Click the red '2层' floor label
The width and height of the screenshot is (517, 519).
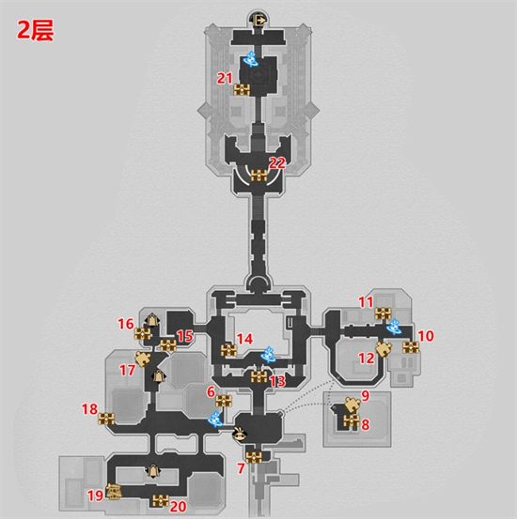[x=35, y=31]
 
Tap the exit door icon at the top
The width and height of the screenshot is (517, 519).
[x=259, y=20]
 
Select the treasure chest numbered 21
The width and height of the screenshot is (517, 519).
[x=242, y=90]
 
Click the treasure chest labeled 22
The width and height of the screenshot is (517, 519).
[x=258, y=176]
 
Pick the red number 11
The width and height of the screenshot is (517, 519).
[x=366, y=302]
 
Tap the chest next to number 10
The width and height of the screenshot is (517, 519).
[x=411, y=347]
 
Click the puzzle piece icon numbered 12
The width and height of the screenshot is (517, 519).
[x=384, y=349]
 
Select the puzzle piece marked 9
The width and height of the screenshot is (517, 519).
[x=352, y=405]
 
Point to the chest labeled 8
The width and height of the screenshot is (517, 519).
[x=352, y=421]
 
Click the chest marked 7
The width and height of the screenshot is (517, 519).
[x=254, y=457]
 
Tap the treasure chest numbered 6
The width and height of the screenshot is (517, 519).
[x=224, y=401]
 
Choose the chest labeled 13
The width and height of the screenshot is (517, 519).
[x=259, y=377]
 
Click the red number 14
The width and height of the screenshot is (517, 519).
[x=244, y=339]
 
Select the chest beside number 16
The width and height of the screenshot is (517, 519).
[x=143, y=334]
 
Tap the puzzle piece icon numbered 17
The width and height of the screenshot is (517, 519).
[x=143, y=359]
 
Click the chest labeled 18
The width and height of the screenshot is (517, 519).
[x=106, y=419]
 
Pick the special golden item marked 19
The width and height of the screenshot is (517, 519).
[x=114, y=491]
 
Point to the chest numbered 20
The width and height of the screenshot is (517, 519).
[x=161, y=500]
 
